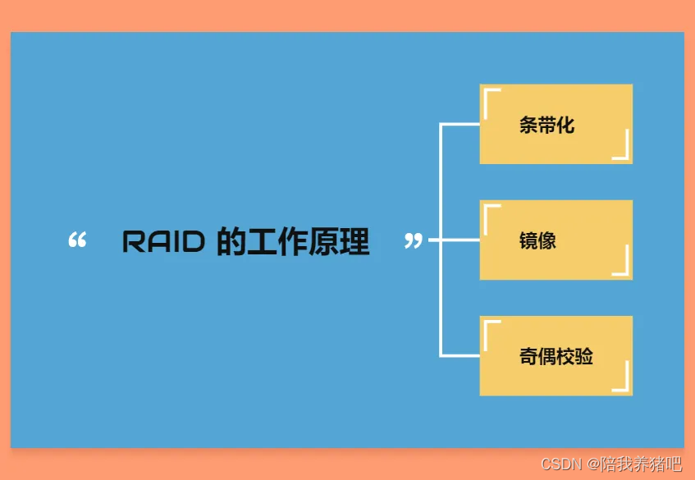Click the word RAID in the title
(x=163, y=241)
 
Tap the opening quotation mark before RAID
(x=77, y=240)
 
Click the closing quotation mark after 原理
(x=414, y=240)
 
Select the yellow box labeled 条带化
(x=556, y=124)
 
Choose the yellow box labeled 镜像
(x=556, y=240)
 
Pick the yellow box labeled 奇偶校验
(x=556, y=355)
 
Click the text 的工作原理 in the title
(x=293, y=241)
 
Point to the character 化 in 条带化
(x=565, y=126)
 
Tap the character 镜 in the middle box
(x=528, y=240)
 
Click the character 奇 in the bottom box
(x=528, y=356)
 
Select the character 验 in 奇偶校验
(x=583, y=356)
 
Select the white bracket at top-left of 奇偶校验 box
(x=489, y=326)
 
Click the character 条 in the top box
(x=528, y=126)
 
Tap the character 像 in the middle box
(x=547, y=240)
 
